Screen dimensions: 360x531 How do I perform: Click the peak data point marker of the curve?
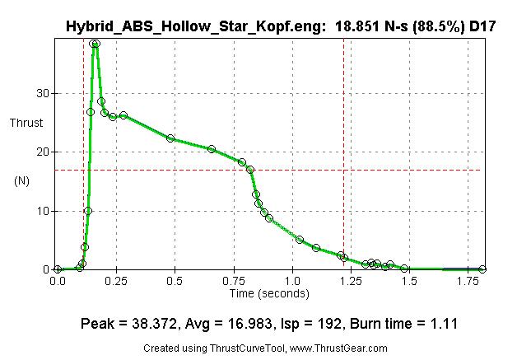[95, 44]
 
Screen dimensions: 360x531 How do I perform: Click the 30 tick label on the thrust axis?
[41, 93]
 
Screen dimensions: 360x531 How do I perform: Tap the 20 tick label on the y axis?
[41, 152]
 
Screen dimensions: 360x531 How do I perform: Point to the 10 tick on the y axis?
[41, 211]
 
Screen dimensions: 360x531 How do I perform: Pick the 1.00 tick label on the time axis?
[291, 280]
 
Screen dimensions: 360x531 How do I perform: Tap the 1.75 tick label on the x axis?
[468, 280]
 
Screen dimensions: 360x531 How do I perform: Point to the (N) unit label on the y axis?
[22, 180]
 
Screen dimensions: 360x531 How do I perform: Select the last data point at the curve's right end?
[482, 269]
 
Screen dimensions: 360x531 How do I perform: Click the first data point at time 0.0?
[57, 269]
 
